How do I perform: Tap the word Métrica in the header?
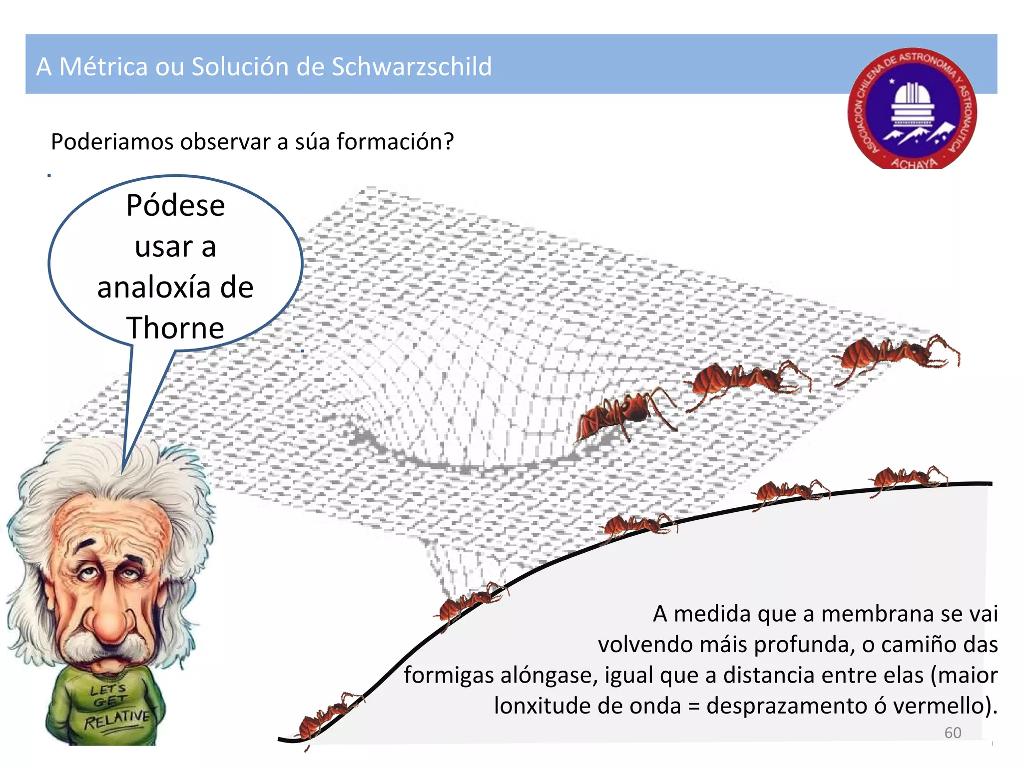coord(103,66)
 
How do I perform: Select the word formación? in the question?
coord(395,142)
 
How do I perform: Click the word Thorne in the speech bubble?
coord(175,328)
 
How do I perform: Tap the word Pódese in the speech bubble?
coord(175,205)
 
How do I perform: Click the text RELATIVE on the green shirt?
coord(117,720)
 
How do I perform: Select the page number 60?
coord(953,733)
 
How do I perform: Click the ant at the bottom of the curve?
coord(327,716)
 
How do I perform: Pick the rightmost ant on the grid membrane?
coord(894,355)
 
